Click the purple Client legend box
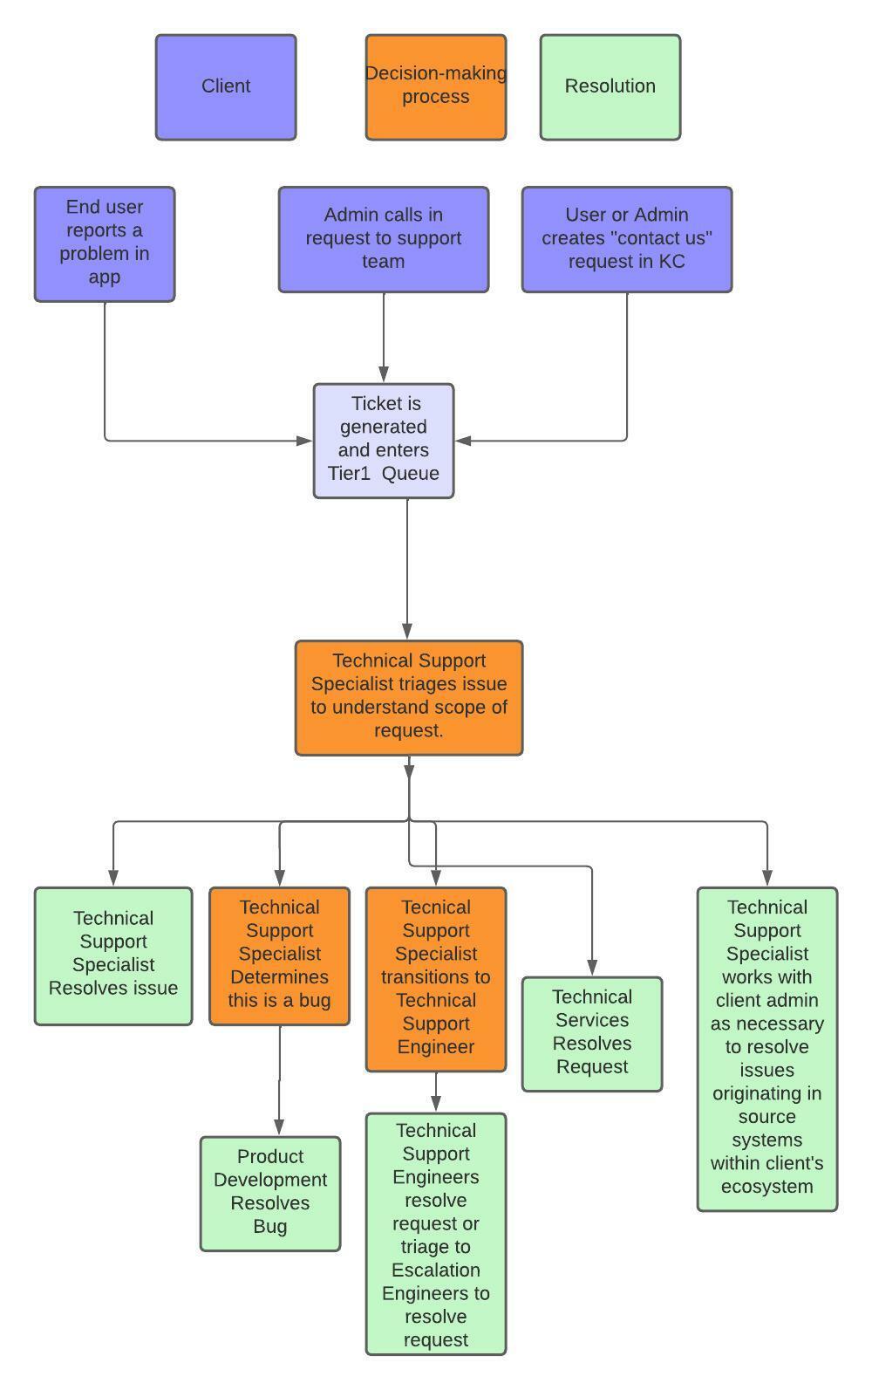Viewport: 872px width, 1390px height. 226,87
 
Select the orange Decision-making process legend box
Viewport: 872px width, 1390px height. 435,87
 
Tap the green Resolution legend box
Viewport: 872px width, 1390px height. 610,87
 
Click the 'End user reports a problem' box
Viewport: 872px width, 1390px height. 105,243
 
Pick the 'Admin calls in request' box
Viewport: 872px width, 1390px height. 383,238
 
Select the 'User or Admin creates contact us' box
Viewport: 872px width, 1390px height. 626,238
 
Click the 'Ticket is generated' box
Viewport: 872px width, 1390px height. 384,440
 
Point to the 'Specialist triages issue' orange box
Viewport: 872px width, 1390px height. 409,697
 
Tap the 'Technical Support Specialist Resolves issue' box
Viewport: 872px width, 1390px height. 113,955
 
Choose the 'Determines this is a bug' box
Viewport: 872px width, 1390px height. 279,955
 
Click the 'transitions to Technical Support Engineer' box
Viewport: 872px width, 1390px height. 435,978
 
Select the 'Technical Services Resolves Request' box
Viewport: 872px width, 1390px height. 591,1033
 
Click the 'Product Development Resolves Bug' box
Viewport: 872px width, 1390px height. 270,1193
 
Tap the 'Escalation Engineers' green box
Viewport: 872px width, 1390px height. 435,1233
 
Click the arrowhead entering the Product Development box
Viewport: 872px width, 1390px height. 279,1126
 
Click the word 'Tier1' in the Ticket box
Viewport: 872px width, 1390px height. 349,474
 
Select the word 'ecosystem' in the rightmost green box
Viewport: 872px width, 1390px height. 766,1187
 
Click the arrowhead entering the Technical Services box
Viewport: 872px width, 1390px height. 592,967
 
